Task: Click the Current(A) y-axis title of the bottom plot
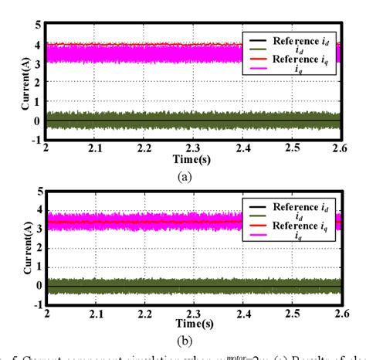[10, 247]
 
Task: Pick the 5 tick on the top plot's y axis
[37, 25]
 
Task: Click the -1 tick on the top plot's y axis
[35, 140]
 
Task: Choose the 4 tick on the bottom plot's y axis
[37, 209]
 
